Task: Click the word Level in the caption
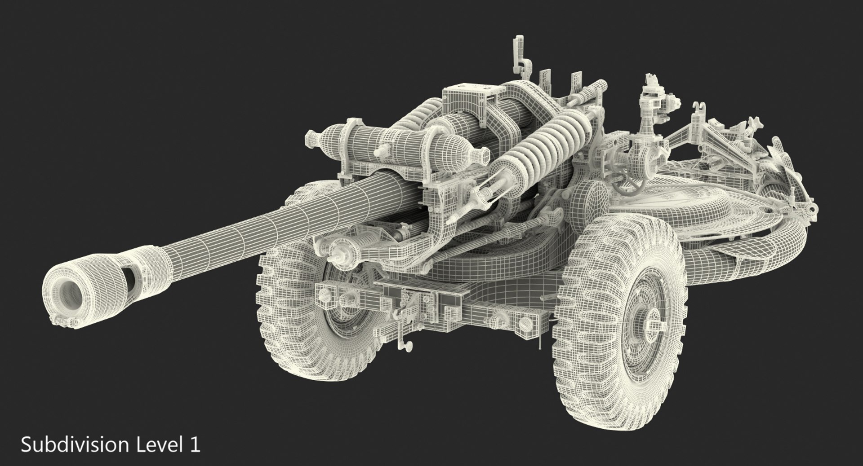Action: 156,445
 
